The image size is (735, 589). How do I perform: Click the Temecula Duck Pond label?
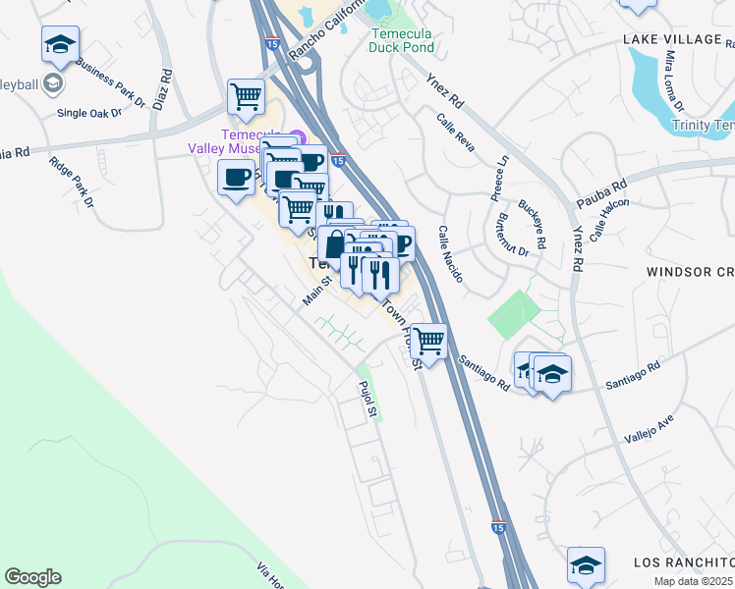click(401, 39)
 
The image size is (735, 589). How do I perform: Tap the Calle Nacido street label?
click(450, 252)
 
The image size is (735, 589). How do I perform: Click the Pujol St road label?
click(367, 401)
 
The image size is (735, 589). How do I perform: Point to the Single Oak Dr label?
click(89, 113)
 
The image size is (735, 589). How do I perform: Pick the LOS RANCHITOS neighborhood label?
click(683, 562)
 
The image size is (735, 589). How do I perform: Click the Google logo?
click(32, 577)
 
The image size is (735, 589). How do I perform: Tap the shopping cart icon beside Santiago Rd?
click(428, 341)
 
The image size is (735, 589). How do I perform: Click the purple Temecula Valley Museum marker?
click(297, 137)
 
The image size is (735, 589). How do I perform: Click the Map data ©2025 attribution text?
click(693, 581)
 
